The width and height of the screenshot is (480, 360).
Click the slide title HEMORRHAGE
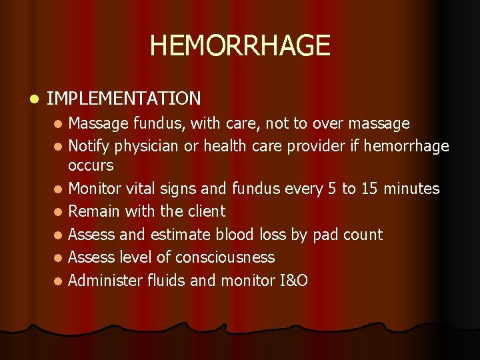[x=240, y=46]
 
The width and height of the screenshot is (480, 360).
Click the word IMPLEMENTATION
[x=124, y=99]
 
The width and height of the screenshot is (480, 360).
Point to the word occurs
[x=91, y=165]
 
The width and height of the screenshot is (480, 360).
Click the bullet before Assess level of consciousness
[x=59, y=258]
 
